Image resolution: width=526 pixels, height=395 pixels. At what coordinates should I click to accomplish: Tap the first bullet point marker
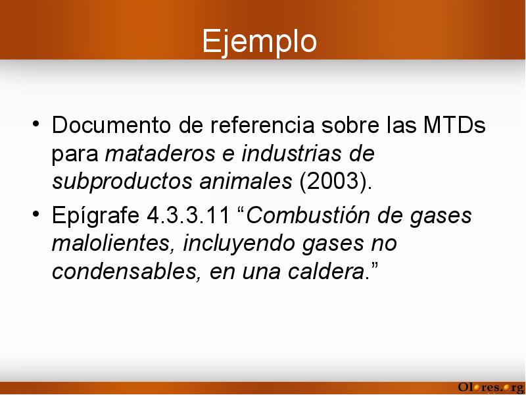[36, 124]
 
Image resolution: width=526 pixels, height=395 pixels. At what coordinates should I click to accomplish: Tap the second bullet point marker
[36, 213]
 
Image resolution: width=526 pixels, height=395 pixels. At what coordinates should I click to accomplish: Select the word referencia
[262, 125]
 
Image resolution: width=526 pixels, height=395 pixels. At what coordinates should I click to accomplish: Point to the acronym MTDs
[454, 125]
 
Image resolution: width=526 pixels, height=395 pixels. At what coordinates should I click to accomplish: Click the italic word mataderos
[160, 153]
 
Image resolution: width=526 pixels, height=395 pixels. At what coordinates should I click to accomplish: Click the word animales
[245, 182]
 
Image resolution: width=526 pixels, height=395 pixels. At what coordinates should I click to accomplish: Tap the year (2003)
[335, 182]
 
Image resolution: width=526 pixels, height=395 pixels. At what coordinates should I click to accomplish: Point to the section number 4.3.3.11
[188, 215]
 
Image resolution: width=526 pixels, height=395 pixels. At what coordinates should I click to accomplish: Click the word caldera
[326, 271]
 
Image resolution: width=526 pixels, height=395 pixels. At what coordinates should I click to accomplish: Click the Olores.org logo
[490, 387]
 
